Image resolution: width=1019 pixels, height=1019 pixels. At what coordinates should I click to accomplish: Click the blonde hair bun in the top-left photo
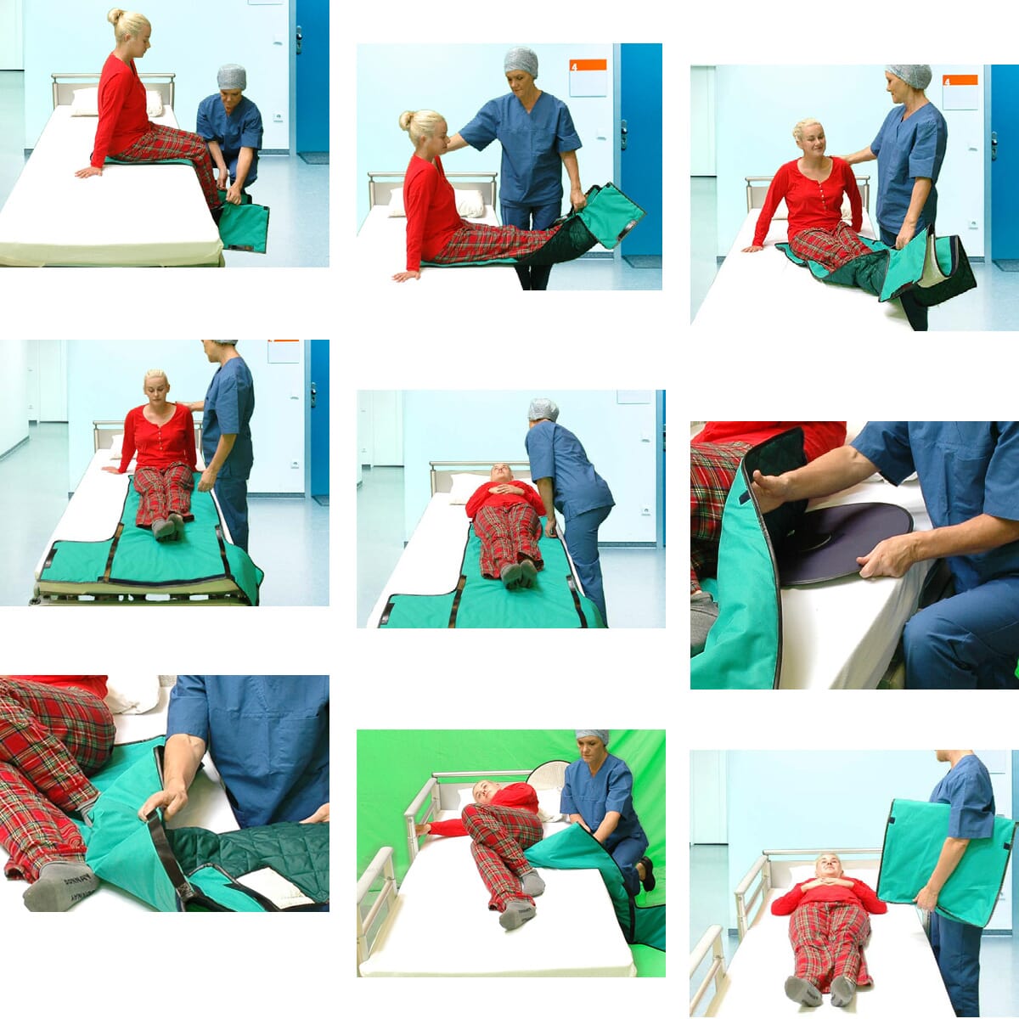coord(116,15)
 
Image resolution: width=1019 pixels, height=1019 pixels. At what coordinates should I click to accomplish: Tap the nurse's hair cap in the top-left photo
coord(231,76)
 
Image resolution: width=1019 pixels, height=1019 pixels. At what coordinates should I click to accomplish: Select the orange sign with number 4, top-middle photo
coord(588,65)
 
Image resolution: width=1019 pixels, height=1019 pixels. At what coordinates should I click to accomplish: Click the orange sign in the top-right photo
coord(960,81)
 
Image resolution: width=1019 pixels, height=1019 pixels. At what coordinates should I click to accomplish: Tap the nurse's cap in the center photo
coord(543,409)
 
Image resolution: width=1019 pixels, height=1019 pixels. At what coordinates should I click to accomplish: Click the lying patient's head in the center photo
coord(499,474)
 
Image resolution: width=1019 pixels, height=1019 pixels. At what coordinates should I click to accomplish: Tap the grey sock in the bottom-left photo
coord(59,885)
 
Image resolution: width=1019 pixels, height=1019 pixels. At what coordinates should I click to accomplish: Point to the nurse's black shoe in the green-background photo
coord(647,873)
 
